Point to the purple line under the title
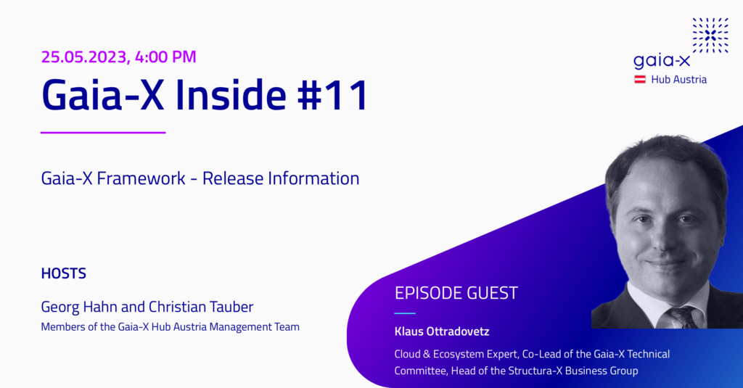pos(103,133)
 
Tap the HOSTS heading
pos(64,273)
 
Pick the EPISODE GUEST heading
pos(456,293)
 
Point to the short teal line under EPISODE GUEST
pos(405,313)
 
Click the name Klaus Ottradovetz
pos(442,331)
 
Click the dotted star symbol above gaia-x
pos(710,36)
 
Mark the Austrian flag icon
pos(640,80)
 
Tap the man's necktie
pos(682,316)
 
